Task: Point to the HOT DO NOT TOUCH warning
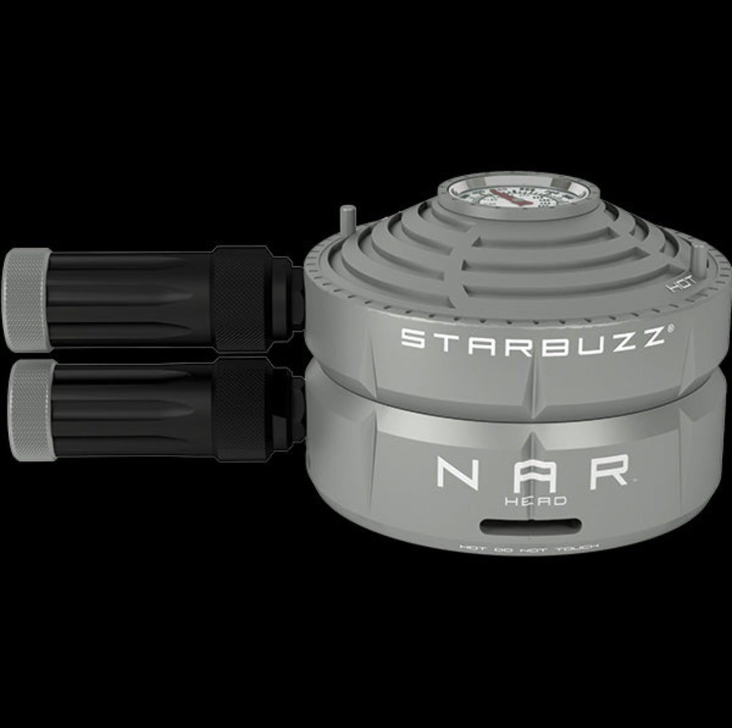tap(531, 546)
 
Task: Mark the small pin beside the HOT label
tap(696, 258)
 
